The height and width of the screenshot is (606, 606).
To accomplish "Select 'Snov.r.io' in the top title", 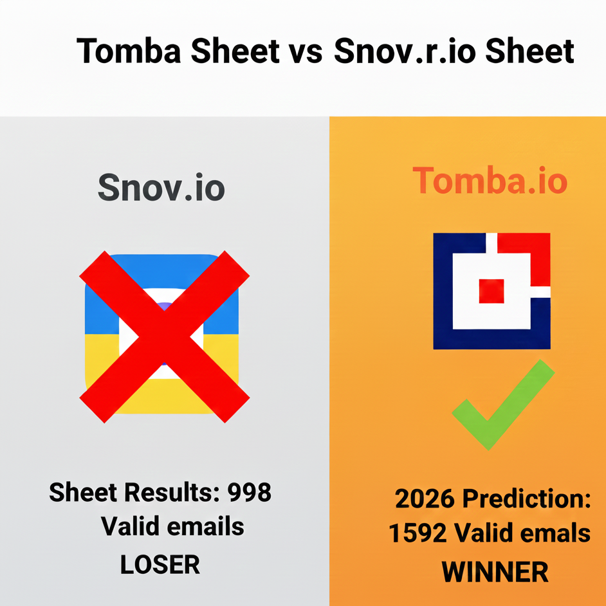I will coord(405,50).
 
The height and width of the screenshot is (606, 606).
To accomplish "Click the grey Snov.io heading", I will coord(161,187).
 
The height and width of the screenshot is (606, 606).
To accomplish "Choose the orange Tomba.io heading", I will coord(490,181).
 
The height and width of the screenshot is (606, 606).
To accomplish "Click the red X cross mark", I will coord(164,336).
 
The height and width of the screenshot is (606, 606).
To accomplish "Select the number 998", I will coord(250,493).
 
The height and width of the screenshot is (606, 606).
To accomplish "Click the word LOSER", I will coord(160,565).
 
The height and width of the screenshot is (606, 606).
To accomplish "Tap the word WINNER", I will coord(494,571).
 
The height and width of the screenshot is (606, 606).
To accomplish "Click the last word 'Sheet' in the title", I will coord(529,50).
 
